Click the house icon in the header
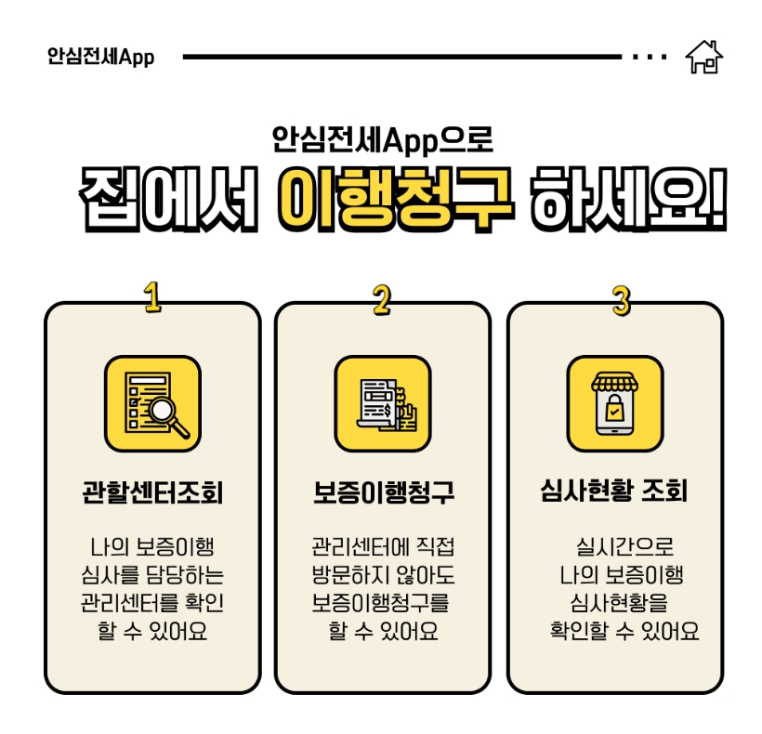point(703,57)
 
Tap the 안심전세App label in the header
point(100,57)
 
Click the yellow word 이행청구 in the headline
point(395,196)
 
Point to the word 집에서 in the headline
point(167,196)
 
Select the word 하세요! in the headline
point(625,196)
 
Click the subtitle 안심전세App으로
point(382,139)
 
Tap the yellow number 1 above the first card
point(152,297)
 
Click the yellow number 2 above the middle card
point(382,299)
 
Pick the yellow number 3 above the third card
point(621,299)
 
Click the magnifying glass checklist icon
point(152,403)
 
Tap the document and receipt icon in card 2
point(382,403)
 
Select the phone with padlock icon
point(614,403)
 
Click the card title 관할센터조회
point(152,492)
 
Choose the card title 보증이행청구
point(383,492)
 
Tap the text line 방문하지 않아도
point(383,574)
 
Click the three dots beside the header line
point(649,57)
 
